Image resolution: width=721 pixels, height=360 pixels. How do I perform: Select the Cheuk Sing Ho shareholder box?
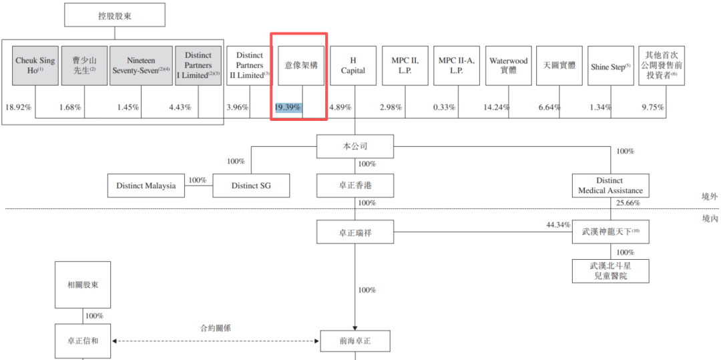(x=35, y=65)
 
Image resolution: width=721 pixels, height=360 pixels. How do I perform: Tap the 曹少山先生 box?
(x=84, y=65)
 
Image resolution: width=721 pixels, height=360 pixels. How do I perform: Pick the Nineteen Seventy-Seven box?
(x=141, y=65)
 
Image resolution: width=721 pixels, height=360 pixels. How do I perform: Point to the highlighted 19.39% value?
(x=288, y=108)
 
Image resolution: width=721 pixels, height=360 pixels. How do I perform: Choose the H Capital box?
(x=353, y=65)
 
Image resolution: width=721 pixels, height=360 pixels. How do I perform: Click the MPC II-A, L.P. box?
(x=456, y=65)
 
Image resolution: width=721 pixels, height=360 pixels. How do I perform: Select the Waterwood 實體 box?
(x=508, y=65)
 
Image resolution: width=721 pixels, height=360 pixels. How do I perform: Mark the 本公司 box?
(x=354, y=146)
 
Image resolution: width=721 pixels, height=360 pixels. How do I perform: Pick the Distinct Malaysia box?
(x=146, y=186)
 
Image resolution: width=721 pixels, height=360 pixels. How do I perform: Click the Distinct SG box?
(x=251, y=186)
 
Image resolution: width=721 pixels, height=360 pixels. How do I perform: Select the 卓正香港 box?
(x=354, y=186)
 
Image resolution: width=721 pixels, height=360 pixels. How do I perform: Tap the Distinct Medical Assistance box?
(x=610, y=186)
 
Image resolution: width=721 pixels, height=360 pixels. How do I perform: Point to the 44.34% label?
(x=558, y=225)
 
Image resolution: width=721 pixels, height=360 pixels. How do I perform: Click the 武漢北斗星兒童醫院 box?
(x=610, y=271)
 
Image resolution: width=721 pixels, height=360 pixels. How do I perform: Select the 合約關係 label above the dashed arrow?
(x=216, y=328)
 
